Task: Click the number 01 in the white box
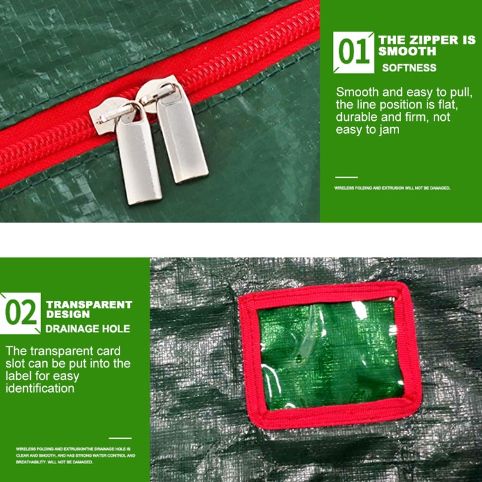click(x=353, y=53)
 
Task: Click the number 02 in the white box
click(x=21, y=314)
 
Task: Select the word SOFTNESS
click(x=409, y=67)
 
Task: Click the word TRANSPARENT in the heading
click(x=89, y=305)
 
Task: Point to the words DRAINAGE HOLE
click(x=87, y=329)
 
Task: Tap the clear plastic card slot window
click(x=329, y=355)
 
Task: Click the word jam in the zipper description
click(x=389, y=130)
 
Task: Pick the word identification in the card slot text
click(x=40, y=388)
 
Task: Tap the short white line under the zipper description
click(x=346, y=177)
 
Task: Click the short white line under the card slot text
click(x=120, y=438)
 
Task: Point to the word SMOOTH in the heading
click(x=407, y=51)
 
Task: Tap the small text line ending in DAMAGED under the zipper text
click(x=392, y=188)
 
